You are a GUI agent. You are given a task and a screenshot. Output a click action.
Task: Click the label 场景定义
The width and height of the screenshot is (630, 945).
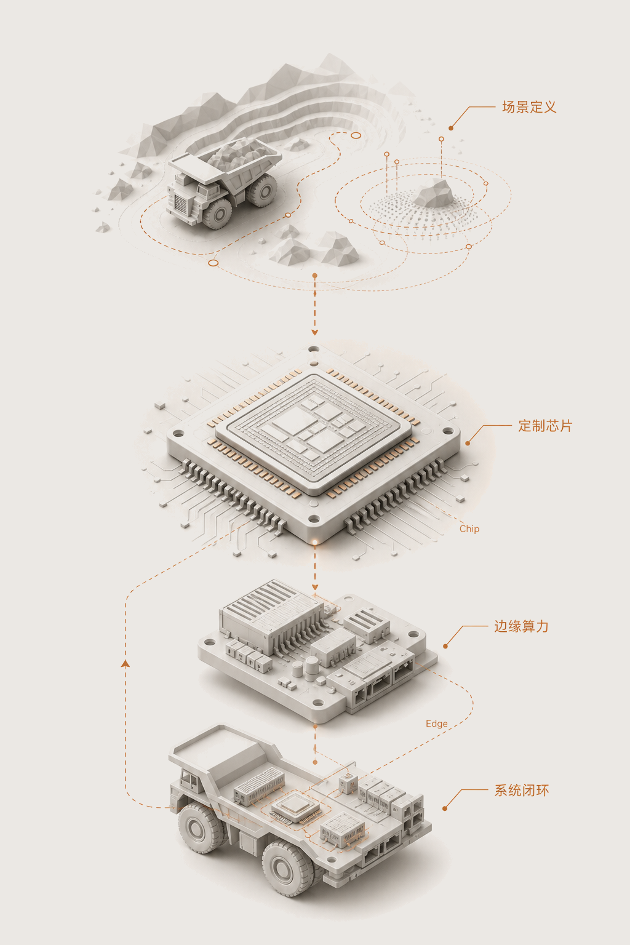point(529,107)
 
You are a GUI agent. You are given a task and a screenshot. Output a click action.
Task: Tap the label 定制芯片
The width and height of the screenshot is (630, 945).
point(545,426)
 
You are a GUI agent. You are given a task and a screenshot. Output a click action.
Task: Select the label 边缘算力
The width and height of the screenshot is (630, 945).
point(522,626)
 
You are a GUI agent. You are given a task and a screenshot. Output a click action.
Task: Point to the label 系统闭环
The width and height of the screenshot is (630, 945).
point(522,790)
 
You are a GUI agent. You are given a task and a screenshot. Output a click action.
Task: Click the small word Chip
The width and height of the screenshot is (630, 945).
point(469,529)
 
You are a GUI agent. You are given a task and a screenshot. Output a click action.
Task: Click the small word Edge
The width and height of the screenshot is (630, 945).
point(437,724)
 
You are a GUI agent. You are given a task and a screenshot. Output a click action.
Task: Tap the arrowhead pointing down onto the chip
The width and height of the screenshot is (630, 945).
point(315,332)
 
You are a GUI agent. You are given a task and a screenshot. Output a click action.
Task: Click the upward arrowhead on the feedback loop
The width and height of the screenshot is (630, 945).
point(126,664)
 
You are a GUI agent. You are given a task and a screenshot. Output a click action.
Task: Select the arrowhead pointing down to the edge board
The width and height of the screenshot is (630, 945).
point(315,588)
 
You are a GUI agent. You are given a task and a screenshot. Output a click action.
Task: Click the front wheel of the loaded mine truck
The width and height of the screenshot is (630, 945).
point(218,213)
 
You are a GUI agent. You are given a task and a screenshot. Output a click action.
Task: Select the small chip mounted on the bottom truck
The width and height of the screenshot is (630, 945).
point(296,807)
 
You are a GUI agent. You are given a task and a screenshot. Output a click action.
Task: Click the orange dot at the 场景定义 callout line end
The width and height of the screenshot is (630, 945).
point(451,128)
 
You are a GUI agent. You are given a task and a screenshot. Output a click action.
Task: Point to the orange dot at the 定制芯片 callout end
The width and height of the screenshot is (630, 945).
point(468,443)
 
